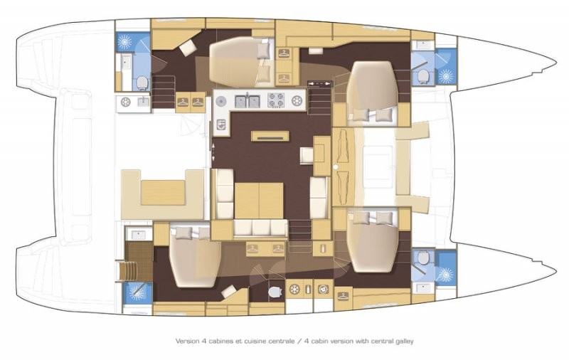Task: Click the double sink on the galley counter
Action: [247, 100]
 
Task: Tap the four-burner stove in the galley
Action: [276, 100]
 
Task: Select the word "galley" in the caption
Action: [404, 341]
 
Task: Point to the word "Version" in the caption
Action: [186, 341]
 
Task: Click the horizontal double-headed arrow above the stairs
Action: [319, 83]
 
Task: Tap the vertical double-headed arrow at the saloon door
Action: [213, 152]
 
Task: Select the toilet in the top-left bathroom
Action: [142, 83]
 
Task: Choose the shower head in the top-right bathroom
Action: [445, 76]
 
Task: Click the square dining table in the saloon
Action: [259, 201]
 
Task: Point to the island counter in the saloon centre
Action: [270, 136]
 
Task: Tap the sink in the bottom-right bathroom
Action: [423, 287]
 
